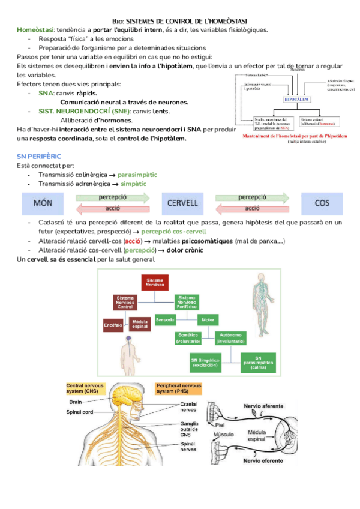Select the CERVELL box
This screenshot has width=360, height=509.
click(x=182, y=203)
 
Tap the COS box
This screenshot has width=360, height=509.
click(x=322, y=203)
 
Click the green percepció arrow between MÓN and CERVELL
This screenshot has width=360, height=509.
click(x=112, y=197)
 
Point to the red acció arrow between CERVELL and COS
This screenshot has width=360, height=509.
click(x=252, y=209)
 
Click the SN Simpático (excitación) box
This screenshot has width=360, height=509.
click(x=204, y=361)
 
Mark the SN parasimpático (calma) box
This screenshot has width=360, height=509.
click(x=259, y=361)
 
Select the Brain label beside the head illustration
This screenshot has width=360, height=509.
click(x=76, y=402)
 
